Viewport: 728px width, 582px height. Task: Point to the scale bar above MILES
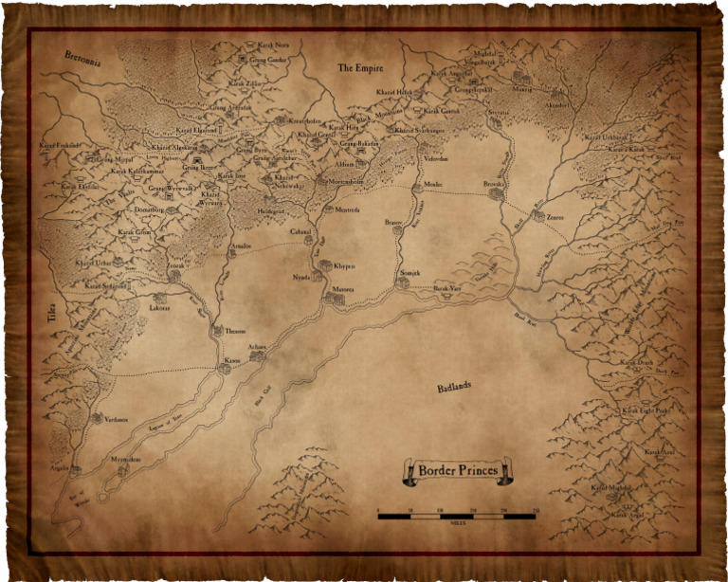pyautogui.click(x=457, y=517)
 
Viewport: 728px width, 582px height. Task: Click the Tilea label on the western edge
pyautogui.click(x=54, y=322)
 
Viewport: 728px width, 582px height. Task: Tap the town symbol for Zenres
pyautogui.click(x=538, y=217)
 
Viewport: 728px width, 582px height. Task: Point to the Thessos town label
pyautogui.click(x=234, y=332)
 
